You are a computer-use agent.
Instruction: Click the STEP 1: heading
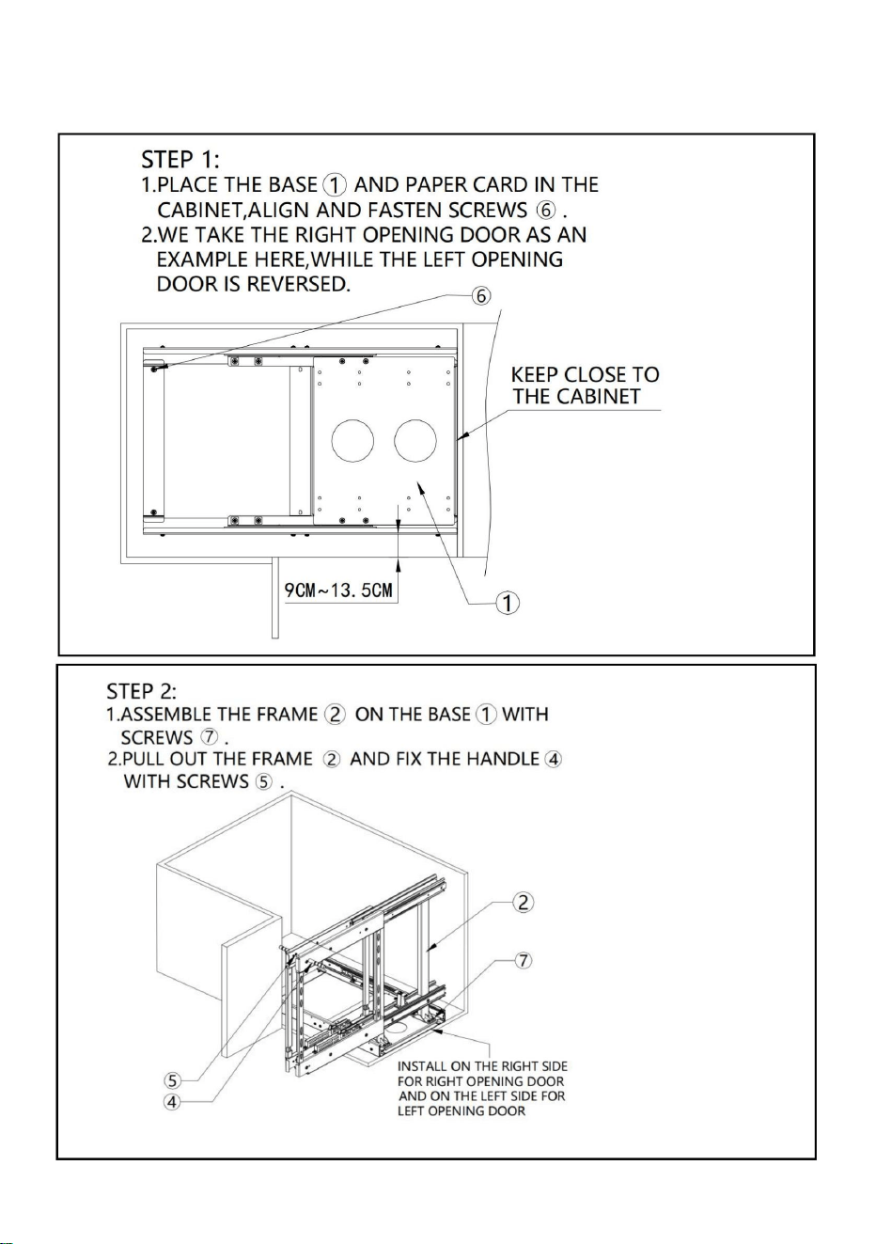click(x=180, y=160)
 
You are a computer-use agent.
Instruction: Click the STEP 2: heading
click(x=142, y=691)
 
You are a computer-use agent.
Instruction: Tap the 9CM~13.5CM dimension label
click(x=338, y=590)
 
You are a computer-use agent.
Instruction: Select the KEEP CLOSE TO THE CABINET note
click(x=586, y=386)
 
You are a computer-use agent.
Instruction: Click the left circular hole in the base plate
click(x=352, y=441)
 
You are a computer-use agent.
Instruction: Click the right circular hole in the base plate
click(x=415, y=441)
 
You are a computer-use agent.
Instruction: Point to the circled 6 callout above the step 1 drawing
click(x=481, y=296)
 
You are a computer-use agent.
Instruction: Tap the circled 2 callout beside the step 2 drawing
click(x=523, y=903)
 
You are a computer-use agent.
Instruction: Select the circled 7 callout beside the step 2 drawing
click(x=524, y=961)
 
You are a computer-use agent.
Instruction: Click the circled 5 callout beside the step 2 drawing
click(x=173, y=1080)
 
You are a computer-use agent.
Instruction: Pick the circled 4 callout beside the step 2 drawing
click(x=173, y=1102)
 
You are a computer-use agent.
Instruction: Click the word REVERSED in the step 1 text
click(x=298, y=284)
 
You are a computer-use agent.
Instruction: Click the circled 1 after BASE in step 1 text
click(x=335, y=185)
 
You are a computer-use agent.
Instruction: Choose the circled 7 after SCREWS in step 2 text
click(x=210, y=737)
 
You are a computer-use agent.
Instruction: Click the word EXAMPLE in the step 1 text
click(x=203, y=260)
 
